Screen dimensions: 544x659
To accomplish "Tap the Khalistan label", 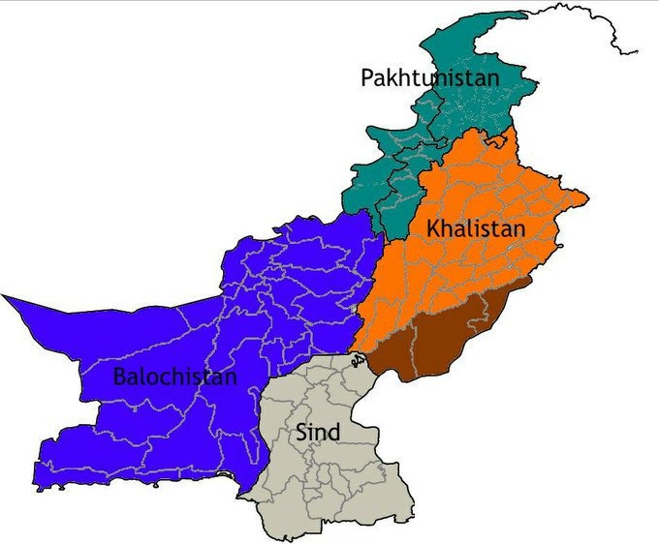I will [x=475, y=229].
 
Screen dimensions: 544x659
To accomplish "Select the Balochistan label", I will [x=174, y=376].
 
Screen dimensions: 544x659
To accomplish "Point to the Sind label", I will [x=317, y=432].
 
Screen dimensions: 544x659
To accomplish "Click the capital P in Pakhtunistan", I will [x=368, y=77].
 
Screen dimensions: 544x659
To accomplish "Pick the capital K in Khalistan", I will [x=433, y=229].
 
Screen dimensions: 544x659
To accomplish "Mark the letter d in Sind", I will [x=334, y=432].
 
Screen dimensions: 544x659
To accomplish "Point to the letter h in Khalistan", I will [x=448, y=229].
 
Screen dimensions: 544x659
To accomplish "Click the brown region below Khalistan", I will [x=446, y=334].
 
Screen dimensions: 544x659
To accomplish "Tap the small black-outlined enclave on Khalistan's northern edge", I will [x=498, y=141].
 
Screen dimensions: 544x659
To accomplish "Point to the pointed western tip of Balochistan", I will [x=5, y=297].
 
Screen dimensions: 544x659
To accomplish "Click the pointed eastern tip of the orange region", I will [x=586, y=201].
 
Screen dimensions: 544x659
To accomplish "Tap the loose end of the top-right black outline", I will [x=637, y=50].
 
